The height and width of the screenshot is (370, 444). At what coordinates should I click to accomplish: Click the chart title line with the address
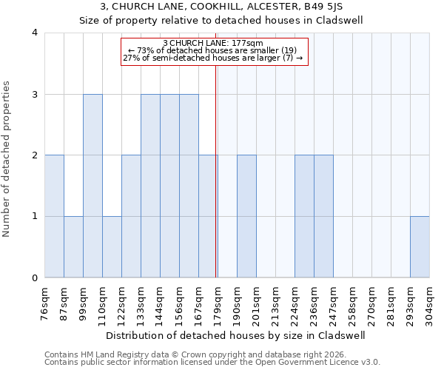pyautogui.click(x=221, y=7)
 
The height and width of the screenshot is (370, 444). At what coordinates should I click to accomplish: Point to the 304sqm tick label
pyautogui.click(x=430, y=303)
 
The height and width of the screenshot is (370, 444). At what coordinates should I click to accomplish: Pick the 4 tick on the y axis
pyautogui.click(x=35, y=33)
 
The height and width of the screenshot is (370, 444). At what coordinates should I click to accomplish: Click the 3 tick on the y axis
pyautogui.click(x=35, y=94)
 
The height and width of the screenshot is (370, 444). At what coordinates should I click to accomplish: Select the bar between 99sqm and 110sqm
pyautogui.click(x=92, y=186)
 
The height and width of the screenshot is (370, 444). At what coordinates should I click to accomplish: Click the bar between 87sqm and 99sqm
pyautogui.click(x=73, y=247)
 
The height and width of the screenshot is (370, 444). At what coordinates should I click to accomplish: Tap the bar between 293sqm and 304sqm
pyautogui.click(x=420, y=247)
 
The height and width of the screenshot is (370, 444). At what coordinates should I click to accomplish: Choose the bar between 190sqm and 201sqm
pyautogui.click(x=246, y=217)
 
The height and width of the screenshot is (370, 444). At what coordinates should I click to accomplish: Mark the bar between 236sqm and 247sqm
pyautogui.click(x=323, y=217)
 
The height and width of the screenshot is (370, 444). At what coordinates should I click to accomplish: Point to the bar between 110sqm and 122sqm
pyautogui.click(x=112, y=247)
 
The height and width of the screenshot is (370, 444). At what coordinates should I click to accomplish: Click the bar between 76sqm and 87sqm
pyautogui.click(x=54, y=217)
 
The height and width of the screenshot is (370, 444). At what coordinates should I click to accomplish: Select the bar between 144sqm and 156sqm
pyautogui.click(x=169, y=186)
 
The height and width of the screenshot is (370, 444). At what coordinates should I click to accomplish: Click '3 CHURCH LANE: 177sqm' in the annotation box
pyautogui.click(x=213, y=43)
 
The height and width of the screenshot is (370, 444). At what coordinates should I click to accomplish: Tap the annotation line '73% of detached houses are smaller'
pyautogui.click(x=213, y=50)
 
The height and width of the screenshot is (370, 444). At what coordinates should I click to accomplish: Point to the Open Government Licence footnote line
pyautogui.click(x=212, y=363)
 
